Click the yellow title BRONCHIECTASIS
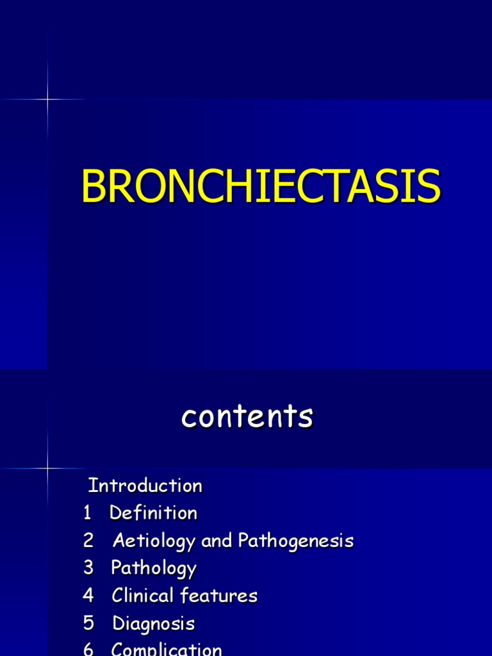261,187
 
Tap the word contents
247,417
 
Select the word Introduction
145,486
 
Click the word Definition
154,513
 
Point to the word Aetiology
154,541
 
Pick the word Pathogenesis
295,541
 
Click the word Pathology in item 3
154,568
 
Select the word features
218,596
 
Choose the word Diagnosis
154,623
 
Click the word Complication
167,649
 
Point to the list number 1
87,513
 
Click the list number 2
88,541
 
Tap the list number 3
88,568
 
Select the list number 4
88,596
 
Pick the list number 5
88,623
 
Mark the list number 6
88,649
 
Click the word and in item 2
217,541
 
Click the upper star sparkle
47,99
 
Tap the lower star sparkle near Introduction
47,468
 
